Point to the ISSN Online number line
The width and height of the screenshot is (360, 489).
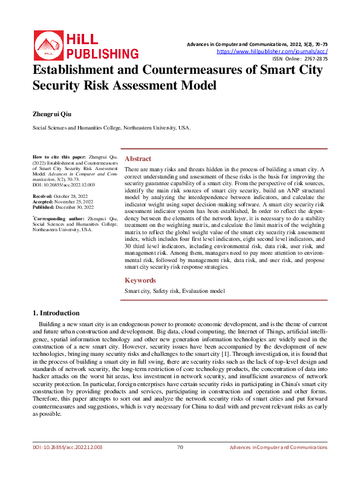pos(300,59)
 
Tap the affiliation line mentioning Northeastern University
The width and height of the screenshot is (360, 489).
pos(111,128)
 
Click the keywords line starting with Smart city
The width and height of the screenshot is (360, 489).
pos(174,291)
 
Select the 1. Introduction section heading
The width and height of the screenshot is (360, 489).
pos(55,313)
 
